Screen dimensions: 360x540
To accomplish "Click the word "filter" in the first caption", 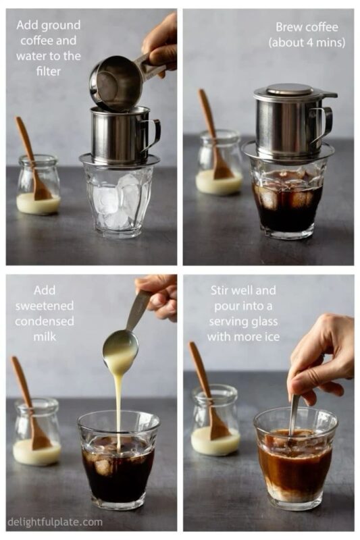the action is [48, 71].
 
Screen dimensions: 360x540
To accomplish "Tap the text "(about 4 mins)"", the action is [307, 43].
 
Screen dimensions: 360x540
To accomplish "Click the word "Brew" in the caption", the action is [288, 27].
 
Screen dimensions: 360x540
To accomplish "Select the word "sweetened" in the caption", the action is [45, 306].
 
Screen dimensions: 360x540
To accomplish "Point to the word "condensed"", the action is [45, 321].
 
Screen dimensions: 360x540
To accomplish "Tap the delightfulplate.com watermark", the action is [55, 521].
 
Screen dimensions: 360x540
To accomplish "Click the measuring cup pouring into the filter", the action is [121, 81].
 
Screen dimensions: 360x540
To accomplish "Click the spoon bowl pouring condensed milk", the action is [121, 346].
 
